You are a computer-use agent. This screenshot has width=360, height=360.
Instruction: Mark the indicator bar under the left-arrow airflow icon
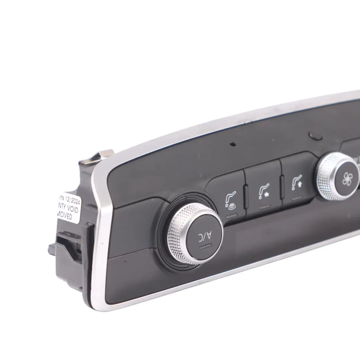pyautogui.click(x=264, y=208)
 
